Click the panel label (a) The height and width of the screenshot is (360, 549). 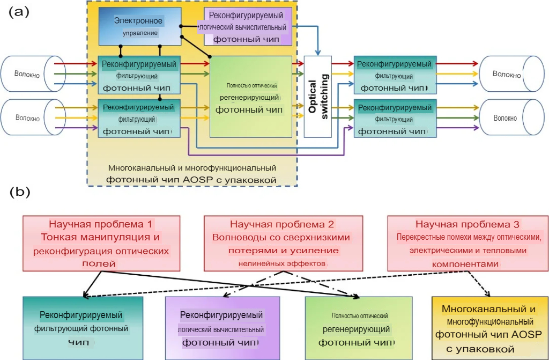19,12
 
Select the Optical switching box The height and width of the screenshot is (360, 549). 317,96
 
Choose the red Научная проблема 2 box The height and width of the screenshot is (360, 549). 283,243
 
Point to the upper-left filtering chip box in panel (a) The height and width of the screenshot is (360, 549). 139,75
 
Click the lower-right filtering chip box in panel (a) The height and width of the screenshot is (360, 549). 395,119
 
